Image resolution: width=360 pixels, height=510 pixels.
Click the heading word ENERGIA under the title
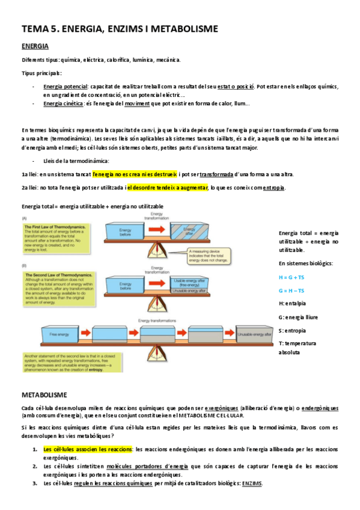coord(35,46)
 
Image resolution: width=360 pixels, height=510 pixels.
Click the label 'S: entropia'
coord(293,330)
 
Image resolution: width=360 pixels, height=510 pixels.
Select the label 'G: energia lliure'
coord(299,317)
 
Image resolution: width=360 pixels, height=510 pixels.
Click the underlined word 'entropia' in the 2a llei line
coord(275,188)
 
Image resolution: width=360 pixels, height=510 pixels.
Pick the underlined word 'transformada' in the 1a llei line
coord(216,174)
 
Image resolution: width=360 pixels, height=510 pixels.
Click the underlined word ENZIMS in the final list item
coord(252,484)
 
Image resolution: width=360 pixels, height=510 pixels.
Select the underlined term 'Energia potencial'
coord(66,86)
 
